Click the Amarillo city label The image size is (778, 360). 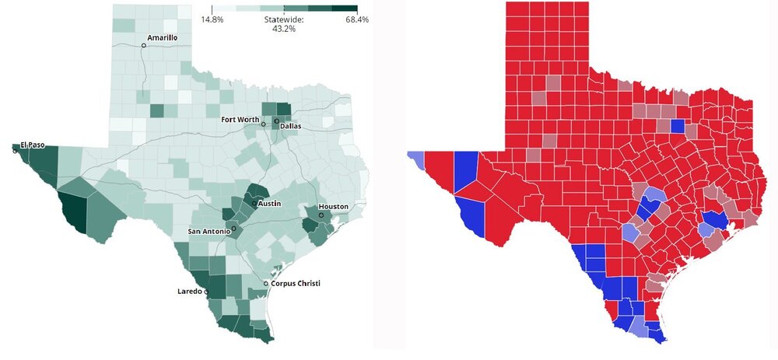click(163, 37)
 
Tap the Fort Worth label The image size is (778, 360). click(240, 119)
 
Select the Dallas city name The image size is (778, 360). click(290, 125)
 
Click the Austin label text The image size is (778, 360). click(269, 204)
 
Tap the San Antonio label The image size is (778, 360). click(209, 232)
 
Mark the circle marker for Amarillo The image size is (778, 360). click(143, 46)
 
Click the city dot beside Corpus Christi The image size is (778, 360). click(266, 284)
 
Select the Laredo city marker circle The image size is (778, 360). click(206, 292)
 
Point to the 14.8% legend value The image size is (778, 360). click(212, 19)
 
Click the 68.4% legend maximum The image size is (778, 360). click(357, 19)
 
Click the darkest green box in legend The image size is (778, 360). click(345, 8)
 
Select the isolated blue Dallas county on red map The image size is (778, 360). click(677, 125)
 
